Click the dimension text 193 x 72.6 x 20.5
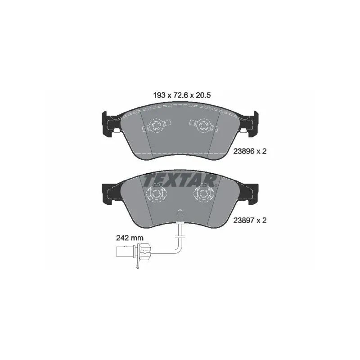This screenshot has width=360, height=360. (182, 95)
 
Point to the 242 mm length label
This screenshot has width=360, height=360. (130, 238)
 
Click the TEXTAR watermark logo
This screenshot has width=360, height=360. (180, 181)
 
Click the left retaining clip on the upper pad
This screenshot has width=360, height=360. (157, 126)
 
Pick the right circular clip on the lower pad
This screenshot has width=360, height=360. (203, 193)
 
